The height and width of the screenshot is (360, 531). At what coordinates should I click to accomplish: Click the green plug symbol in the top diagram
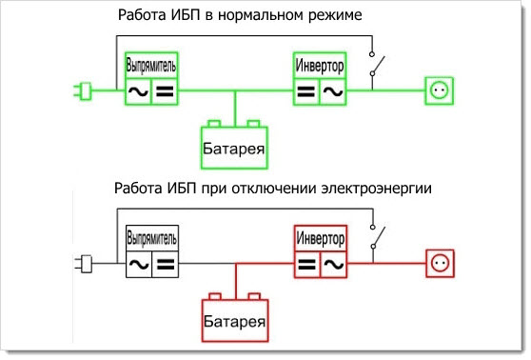[x=83, y=92]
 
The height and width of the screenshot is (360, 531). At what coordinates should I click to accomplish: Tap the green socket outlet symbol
[x=440, y=91]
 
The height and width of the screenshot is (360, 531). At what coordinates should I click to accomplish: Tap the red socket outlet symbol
[x=440, y=261]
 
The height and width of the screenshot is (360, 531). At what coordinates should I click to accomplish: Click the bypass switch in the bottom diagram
[x=379, y=235]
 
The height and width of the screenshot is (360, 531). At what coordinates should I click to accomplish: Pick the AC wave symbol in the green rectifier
[x=138, y=91]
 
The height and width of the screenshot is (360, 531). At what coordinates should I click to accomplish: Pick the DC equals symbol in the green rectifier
[x=165, y=91]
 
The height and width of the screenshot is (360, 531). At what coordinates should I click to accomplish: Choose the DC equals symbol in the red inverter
[x=305, y=263]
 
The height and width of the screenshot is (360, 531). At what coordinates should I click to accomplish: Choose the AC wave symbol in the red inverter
[x=332, y=263]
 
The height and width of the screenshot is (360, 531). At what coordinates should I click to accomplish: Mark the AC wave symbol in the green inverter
[x=332, y=91]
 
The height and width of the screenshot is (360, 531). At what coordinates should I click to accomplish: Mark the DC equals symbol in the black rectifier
[x=165, y=263]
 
